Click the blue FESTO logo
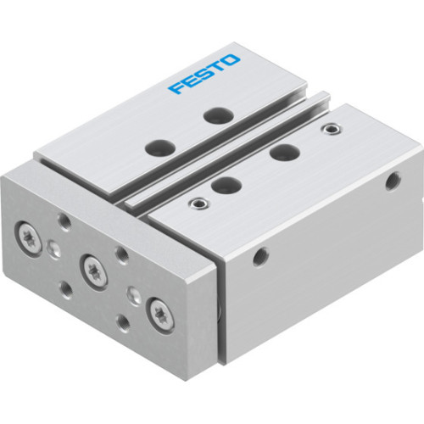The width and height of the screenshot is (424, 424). point(204,75)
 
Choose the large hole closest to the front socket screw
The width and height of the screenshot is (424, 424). point(222,182)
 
